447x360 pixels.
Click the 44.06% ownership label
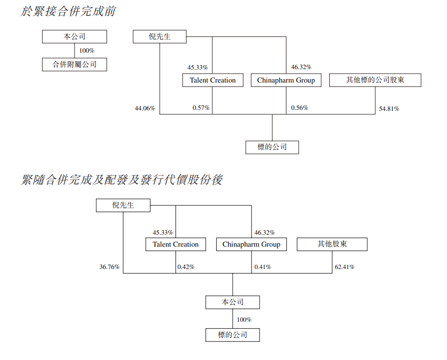[x=145, y=108]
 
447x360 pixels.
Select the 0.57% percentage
[x=201, y=108]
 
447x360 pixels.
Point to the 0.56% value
[x=300, y=108]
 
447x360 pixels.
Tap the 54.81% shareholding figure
[x=389, y=108]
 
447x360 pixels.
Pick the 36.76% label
[x=109, y=267]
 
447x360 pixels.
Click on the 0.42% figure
[x=186, y=267]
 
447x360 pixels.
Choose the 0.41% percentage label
[x=263, y=267]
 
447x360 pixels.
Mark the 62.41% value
[x=345, y=267]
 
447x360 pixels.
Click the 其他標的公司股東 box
[x=375, y=80]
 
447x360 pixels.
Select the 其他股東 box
[x=332, y=244]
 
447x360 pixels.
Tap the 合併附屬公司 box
[x=75, y=64]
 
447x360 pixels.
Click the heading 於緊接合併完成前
[x=68, y=11]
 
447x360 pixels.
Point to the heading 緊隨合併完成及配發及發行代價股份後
[x=122, y=180]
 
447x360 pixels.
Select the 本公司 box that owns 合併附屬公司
[x=75, y=36]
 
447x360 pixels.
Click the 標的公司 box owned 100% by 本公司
[x=232, y=335]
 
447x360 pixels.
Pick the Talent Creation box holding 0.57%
[x=213, y=80]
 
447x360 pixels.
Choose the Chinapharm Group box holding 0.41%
[x=251, y=244]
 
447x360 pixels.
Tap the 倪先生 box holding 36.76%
[x=123, y=205]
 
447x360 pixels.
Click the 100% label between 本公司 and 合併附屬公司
[x=87, y=51]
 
